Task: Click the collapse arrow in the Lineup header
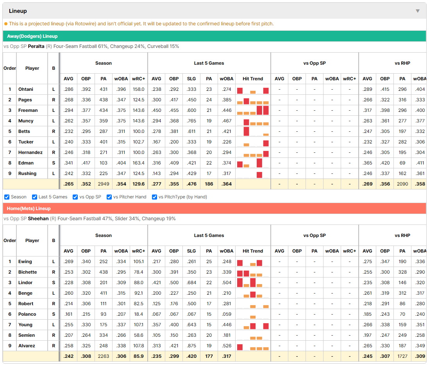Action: click(418, 11)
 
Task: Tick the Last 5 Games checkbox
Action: click(34, 197)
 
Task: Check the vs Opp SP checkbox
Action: click(75, 197)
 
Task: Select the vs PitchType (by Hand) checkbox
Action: click(155, 197)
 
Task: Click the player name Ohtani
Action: click(26, 89)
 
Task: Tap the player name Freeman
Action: click(28, 110)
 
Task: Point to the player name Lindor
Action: click(25, 283)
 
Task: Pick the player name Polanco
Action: click(27, 314)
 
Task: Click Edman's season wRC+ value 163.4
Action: click(138, 163)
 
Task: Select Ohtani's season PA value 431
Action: click(104, 89)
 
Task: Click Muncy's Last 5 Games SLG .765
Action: click(191, 121)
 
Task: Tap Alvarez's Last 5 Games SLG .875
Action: click(191, 346)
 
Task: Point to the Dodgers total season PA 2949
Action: click(104, 184)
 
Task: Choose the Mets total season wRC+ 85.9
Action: click(138, 356)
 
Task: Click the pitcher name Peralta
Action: click(36, 46)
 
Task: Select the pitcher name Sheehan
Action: click(38, 219)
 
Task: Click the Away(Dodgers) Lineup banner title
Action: click(32, 36)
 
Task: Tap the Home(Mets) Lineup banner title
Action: click(29, 209)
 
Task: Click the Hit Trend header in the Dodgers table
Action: click(253, 79)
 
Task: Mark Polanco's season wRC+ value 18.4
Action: click(138, 314)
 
